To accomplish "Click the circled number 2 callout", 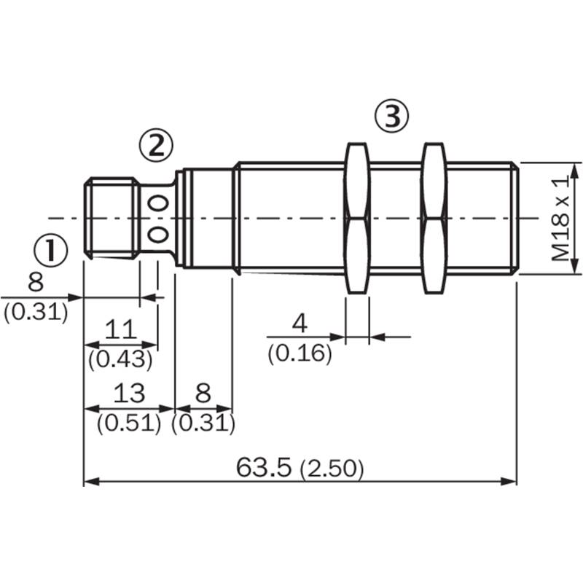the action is pyautogui.click(x=156, y=145).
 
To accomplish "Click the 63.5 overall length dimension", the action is pyautogui.click(x=264, y=467).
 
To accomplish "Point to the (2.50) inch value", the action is pyautogui.click(x=332, y=469).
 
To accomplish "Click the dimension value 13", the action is pyautogui.click(x=129, y=393).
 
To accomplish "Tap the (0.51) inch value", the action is pyautogui.click(x=129, y=423).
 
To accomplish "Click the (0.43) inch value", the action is pyautogui.click(x=120, y=359).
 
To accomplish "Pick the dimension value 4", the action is pyautogui.click(x=300, y=323).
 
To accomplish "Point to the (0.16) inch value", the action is pyautogui.click(x=300, y=353).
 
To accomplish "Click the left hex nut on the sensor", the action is pyautogui.click(x=358, y=218).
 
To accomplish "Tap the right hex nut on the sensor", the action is pyautogui.click(x=435, y=218).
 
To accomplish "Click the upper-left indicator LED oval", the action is pyautogui.click(x=152, y=203).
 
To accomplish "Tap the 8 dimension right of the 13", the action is pyautogui.click(x=203, y=393).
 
